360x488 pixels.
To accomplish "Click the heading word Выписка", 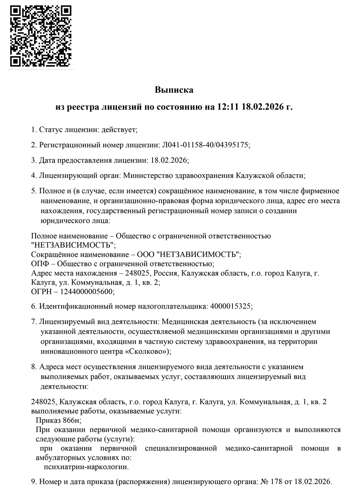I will point(174,90).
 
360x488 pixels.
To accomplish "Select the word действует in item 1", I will point(119,129).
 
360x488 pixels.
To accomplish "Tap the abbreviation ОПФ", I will point(40,263).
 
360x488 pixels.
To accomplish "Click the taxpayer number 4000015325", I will point(231,306).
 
